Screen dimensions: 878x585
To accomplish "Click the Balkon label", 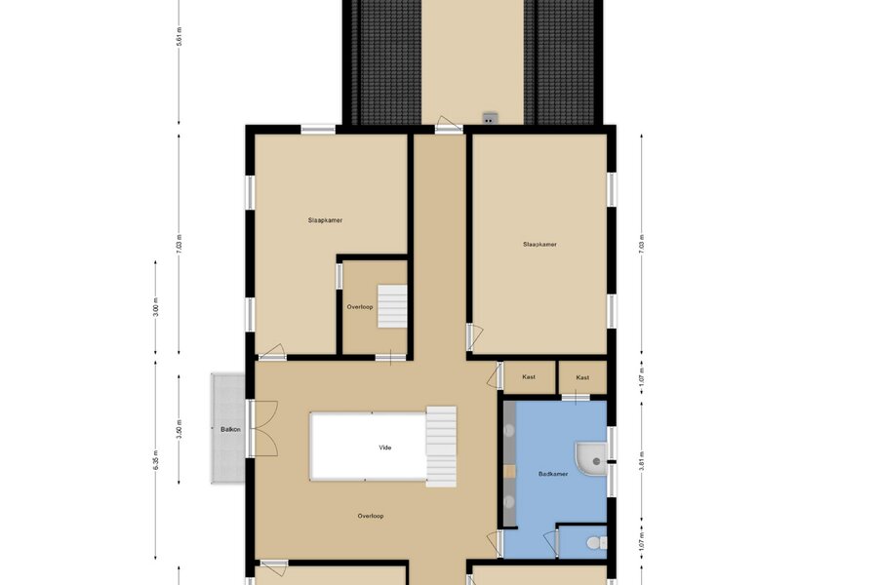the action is point(230,429).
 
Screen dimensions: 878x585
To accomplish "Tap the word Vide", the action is point(385,448).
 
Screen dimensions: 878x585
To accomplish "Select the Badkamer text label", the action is point(553,474).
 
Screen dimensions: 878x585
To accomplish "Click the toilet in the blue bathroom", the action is point(595,542).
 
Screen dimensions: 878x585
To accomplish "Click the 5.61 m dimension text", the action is point(180,36).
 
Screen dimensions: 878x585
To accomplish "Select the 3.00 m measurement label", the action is point(156,307).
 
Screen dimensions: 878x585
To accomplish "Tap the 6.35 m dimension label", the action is point(156,459).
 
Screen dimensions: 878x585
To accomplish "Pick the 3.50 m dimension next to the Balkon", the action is point(180,429).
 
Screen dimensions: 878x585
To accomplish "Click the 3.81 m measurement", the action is point(642,461).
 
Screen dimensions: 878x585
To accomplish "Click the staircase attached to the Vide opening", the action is point(441,447).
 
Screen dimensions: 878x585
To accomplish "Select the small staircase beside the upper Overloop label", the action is point(392,306).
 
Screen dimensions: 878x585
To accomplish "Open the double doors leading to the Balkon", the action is point(262,429).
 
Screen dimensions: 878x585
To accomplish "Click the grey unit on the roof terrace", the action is point(491,118).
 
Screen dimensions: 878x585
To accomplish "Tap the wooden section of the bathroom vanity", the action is point(509,471).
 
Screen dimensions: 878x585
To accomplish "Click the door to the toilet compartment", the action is point(551,542).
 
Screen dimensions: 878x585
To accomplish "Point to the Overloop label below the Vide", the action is point(371,516).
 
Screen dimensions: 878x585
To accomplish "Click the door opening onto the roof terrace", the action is point(449,125).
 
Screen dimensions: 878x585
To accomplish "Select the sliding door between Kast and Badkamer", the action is point(576,398).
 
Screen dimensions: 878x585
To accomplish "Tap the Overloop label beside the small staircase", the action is point(359,307).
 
